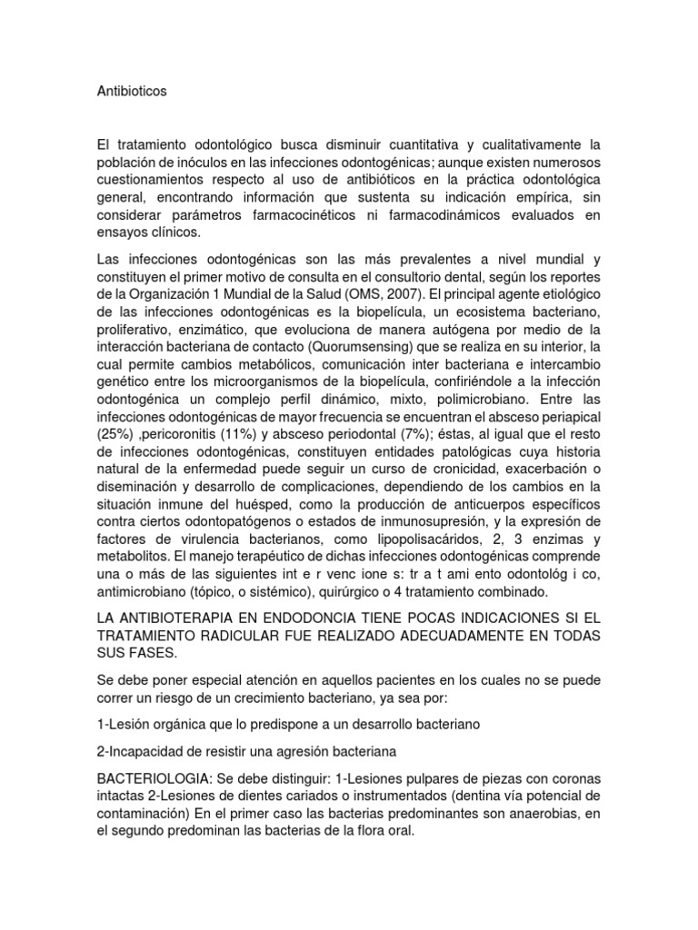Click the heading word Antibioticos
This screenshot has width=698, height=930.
(x=132, y=91)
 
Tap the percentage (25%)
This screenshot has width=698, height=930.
(x=115, y=432)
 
